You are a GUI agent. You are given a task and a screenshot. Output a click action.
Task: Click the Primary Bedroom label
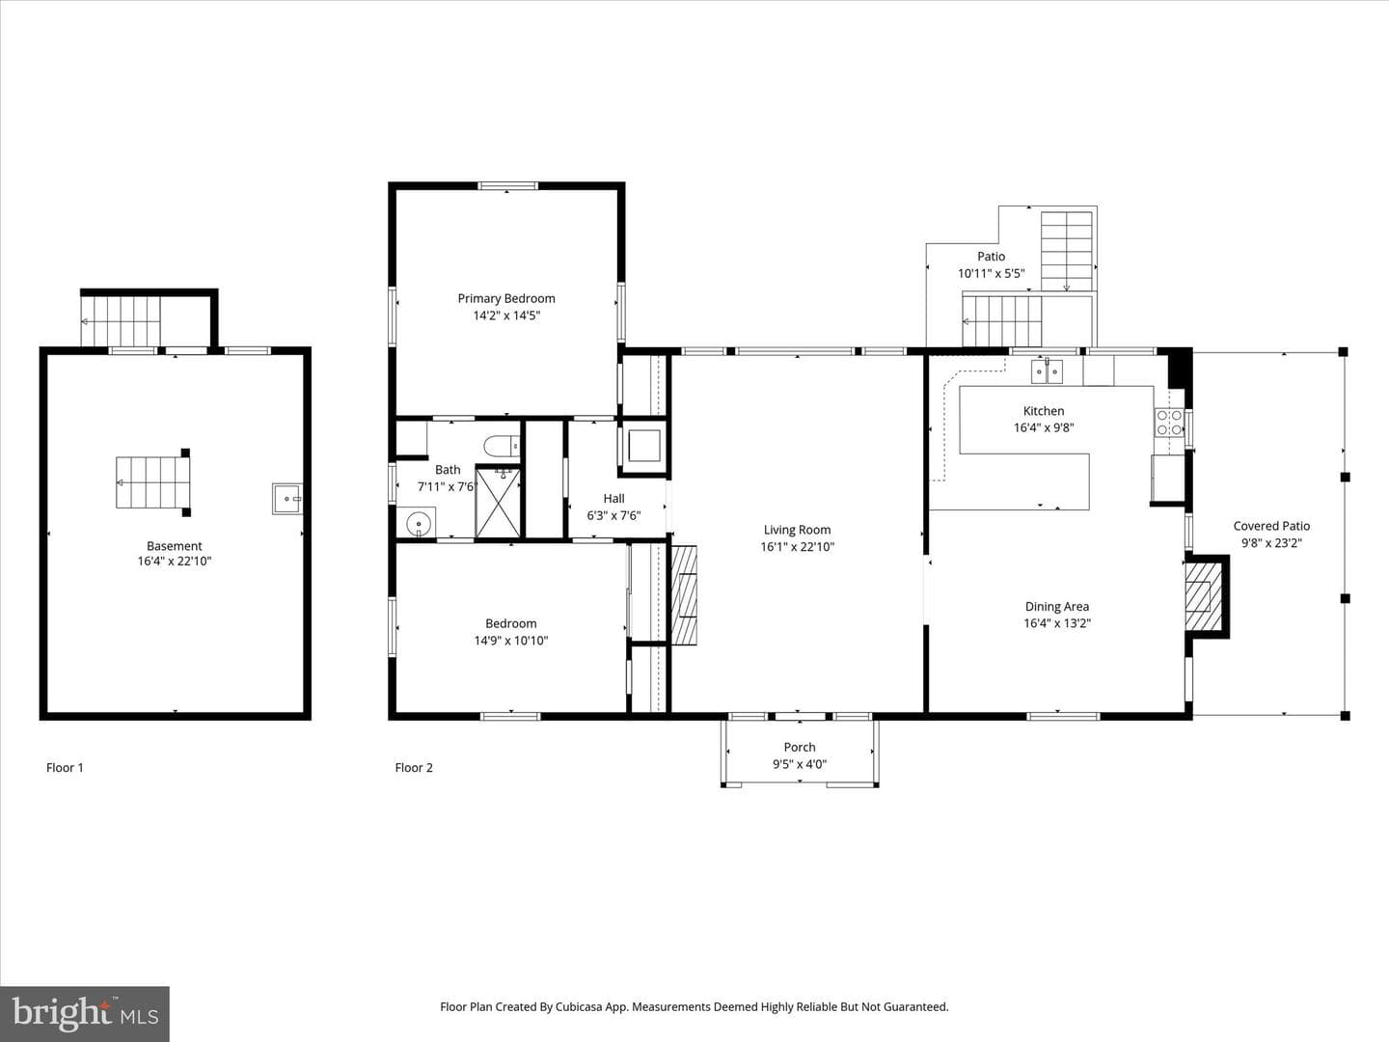pyautogui.click(x=506, y=298)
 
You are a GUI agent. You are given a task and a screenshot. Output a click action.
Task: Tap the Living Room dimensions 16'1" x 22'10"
pyautogui.click(x=798, y=547)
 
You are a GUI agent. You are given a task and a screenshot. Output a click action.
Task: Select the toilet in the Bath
pyautogui.click(x=502, y=446)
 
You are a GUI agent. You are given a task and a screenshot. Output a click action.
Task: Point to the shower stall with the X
pyautogui.click(x=498, y=503)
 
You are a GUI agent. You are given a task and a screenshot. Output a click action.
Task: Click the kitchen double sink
pyautogui.click(x=1047, y=370)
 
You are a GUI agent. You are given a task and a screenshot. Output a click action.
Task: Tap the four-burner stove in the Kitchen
pyautogui.click(x=1169, y=423)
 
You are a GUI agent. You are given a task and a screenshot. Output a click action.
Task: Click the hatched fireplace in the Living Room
pyautogui.click(x=684, y=595)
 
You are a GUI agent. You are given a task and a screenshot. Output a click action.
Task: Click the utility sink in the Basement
pyautogui.click(x=287, y=499)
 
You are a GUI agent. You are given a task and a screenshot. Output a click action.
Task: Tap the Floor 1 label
pyautogui.click(x=65, y=767)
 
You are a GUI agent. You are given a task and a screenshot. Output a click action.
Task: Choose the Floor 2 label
pyautogui.click(x=414, y=767)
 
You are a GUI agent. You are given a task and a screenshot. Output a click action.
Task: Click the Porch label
pyautogui.click(x=800, y=747)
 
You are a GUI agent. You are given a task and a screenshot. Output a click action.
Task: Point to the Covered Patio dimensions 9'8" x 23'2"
pyautogui.click(x=1272, y=543)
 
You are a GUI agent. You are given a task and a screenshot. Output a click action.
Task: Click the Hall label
pyautogui.click(x=613, y=499)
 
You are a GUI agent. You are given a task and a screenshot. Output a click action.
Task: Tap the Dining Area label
pyautogui.click(x=1057, y=606)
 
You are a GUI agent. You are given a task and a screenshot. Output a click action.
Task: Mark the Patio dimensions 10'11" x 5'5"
pyautogui.click(x=991, y=273)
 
